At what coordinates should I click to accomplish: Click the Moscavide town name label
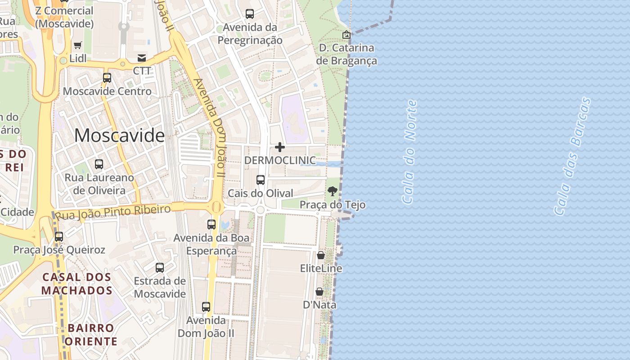click(119, 135)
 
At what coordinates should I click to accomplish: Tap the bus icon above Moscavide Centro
click(107, 78)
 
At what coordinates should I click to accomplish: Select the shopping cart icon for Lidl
click(78, 45)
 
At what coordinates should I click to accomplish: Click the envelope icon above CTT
click(142, 58)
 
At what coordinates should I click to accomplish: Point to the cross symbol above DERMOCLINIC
click(280, 147)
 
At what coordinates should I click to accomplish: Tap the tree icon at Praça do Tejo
click(333, 191)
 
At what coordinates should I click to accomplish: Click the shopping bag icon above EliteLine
click(321, 256)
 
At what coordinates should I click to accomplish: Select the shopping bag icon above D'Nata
click(319, 292)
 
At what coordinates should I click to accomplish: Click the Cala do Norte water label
click(409, 152)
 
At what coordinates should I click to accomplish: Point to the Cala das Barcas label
click(572, 156)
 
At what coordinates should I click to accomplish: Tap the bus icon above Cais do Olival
click(260, 180)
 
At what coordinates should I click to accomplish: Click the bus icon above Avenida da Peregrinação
click(250, 14)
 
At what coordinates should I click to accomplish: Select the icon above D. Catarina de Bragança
click(346, 35)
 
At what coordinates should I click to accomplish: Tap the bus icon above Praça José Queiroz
click(59, 237)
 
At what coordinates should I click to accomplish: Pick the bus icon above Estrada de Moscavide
click(160, 268)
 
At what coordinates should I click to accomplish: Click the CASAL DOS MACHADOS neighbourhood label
click(77, 283)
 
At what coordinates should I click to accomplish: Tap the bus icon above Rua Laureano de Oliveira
click(99, 164)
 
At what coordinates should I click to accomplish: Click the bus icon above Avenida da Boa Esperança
click(211, 224)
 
